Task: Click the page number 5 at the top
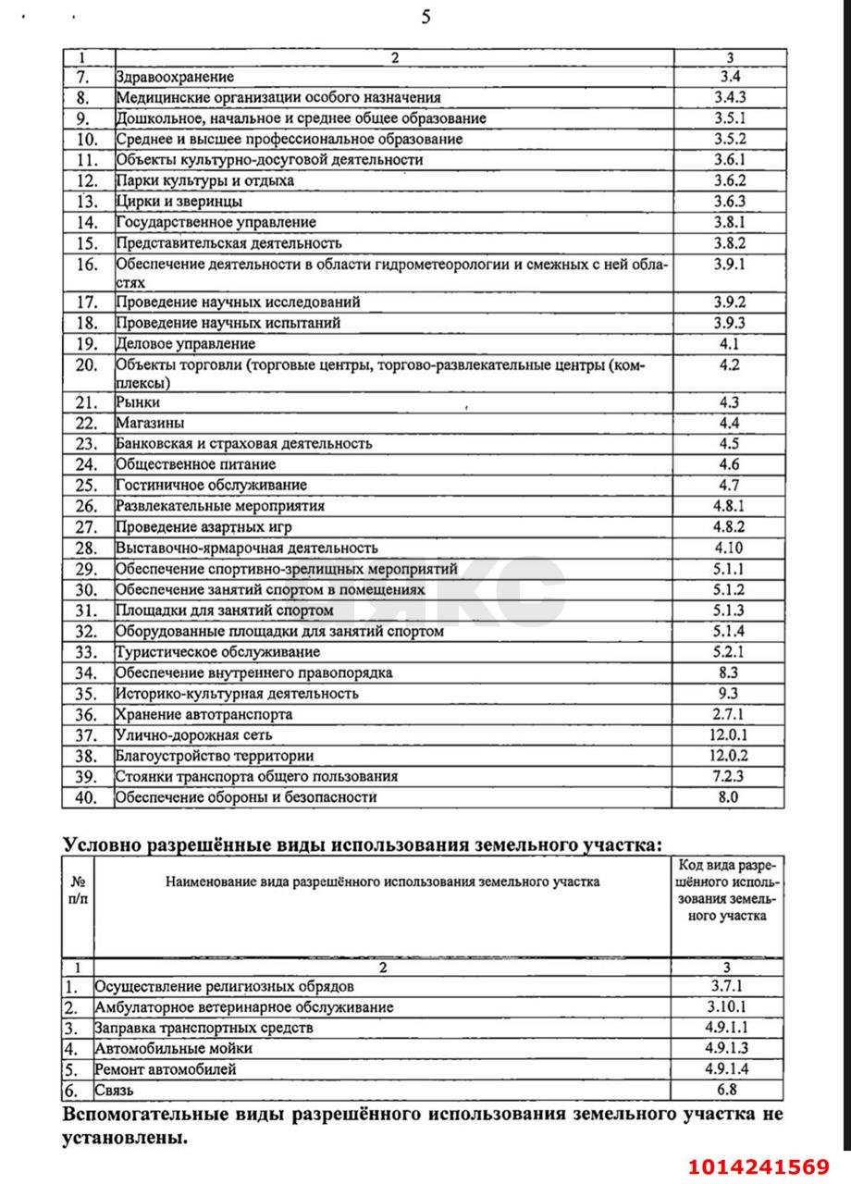[x=425, y=17]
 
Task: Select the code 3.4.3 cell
[x=729, y=97]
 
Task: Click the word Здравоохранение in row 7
[x=174, y=77]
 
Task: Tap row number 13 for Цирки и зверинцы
[x=87, y=202]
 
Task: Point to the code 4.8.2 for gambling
[x=729, y=527]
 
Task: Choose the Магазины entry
[x=149, y=423]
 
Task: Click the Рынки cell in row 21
[x=138, y=402]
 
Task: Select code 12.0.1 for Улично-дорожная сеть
[x=729, y=735]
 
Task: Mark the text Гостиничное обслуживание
[x=211, y=486]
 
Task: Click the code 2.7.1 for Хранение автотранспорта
[x=729, y=714]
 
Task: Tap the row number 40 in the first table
[x=87, y=797]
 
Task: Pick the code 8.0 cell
[x=729, y=797]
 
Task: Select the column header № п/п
[x=78, y=890]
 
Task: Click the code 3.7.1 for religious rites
[x=728, y=986]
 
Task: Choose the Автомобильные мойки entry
[x=173, y=1049]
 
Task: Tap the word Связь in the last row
[x=114, y=1091]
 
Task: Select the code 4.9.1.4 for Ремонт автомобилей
[x=728, y=1069]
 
